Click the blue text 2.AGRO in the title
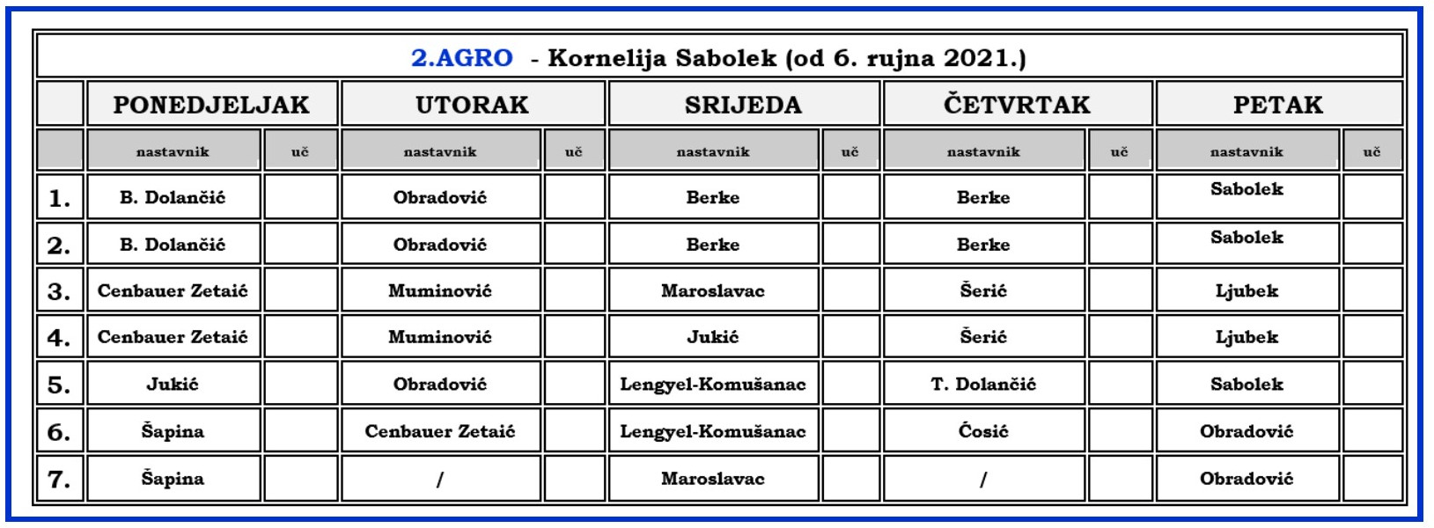(x=461, y=57)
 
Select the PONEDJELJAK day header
(x=211, y=105)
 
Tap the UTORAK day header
(x=473, y=105)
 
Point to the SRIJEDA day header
(x=743, y=105)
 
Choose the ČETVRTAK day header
(x=1017, y=105)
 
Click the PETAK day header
(x=1278, y=105)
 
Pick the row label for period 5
(x=59, y=385)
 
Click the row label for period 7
(x=59, y=480)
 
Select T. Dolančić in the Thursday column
(x=983, y=384)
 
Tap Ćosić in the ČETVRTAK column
(x=983, y=430)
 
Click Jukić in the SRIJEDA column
(x=712, y=337)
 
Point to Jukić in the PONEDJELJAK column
(x=173, y=384)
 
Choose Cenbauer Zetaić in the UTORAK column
(x=440, y=431)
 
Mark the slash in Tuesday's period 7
(x=440, y=479)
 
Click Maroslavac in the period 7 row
(x=712, y=479)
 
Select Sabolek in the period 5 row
(x=1246, y=384)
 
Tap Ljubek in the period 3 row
(x=1246, y=291)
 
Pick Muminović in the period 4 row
(x=440, y=337)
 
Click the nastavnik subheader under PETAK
(x=1246, y=151)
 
